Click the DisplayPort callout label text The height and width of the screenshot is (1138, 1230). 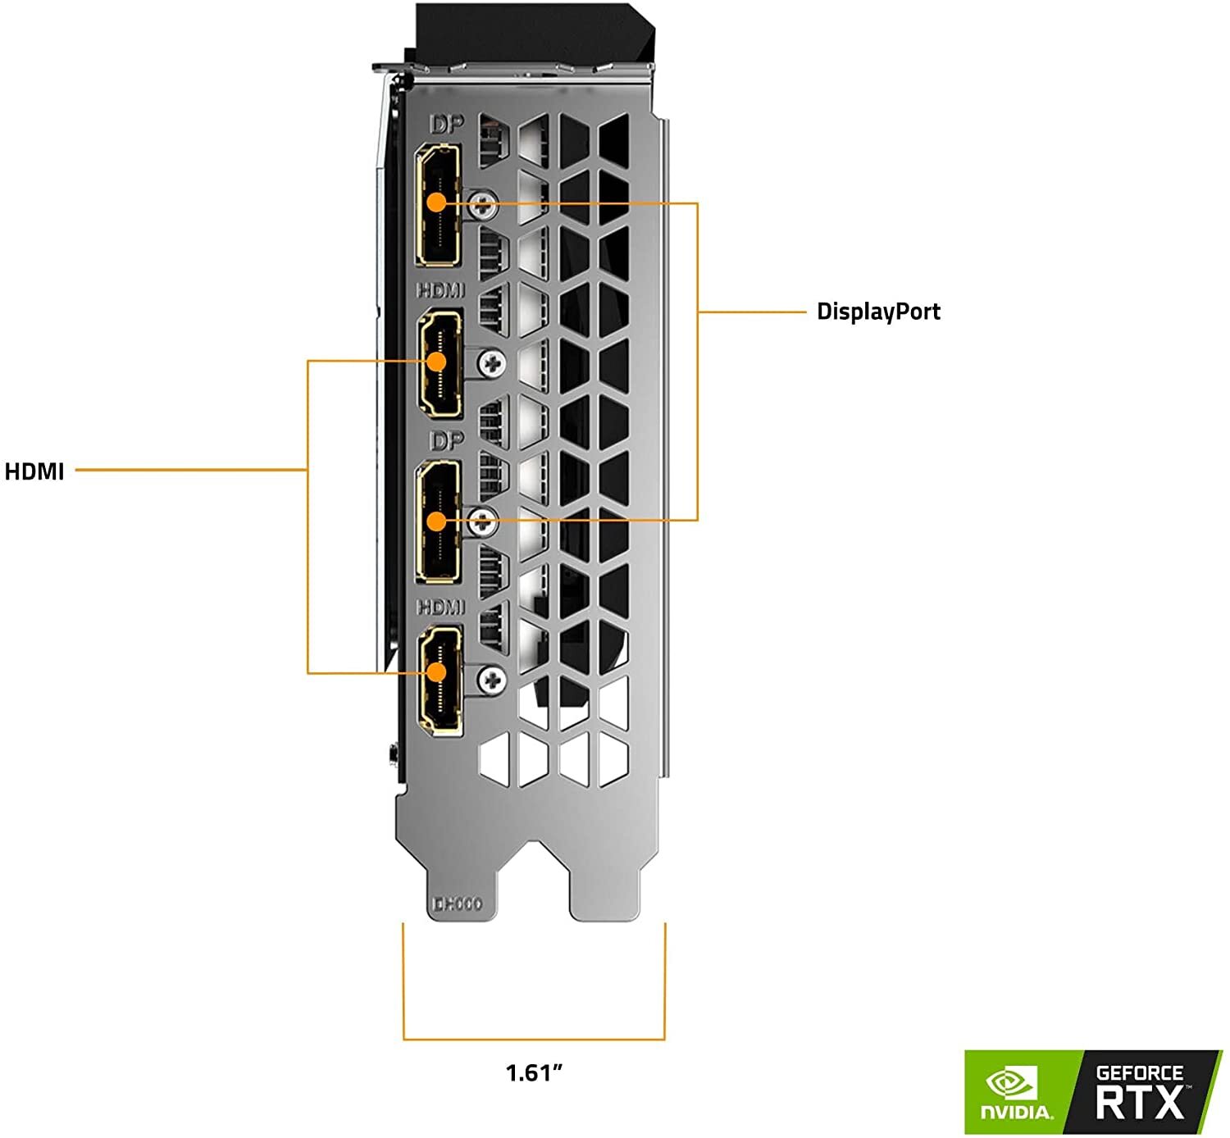878,312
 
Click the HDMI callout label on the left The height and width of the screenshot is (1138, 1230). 34,471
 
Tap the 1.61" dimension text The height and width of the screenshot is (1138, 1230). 534,1072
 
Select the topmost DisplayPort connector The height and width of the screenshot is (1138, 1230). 438,205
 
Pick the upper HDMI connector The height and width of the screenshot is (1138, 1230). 440,363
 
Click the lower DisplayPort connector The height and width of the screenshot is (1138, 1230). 438,521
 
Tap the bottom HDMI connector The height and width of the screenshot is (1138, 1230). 440,677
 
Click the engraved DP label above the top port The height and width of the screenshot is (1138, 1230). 447,125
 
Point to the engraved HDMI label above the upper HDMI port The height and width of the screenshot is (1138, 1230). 440,290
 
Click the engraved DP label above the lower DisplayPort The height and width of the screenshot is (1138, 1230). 447,441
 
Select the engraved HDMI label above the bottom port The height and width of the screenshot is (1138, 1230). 440,607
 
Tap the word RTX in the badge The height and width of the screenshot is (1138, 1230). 1140,1103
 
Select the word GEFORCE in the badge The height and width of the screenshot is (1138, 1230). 1140,1072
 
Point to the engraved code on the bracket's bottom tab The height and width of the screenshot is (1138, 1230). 457,904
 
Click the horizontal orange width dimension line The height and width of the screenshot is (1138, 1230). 534,1040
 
